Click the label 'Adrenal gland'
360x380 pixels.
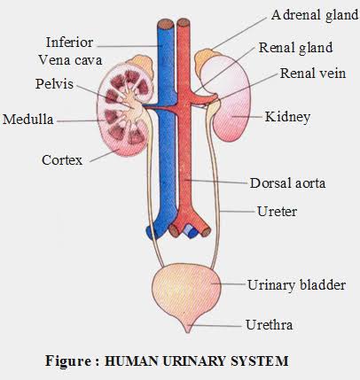coord(315,15)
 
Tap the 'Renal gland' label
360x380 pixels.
coord(295,48)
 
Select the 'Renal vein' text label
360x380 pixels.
coord(313,74)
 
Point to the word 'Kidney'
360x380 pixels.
coord(287,117)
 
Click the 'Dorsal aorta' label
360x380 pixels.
coord(287,183)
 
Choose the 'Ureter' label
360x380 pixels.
coord(277,212)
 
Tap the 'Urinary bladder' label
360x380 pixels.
coord(296,285)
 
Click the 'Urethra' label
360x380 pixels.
coord(270,325)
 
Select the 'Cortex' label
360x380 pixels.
coord(62,160)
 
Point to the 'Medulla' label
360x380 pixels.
coord(28,120)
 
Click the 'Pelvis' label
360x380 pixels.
coord(54,84)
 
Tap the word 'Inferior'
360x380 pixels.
coord(69,43)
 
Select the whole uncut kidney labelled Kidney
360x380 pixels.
coord(228,97)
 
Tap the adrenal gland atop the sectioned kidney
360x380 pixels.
coord(141,64)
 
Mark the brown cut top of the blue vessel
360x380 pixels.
coord(165,24)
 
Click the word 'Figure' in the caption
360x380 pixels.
coord(68,361)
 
